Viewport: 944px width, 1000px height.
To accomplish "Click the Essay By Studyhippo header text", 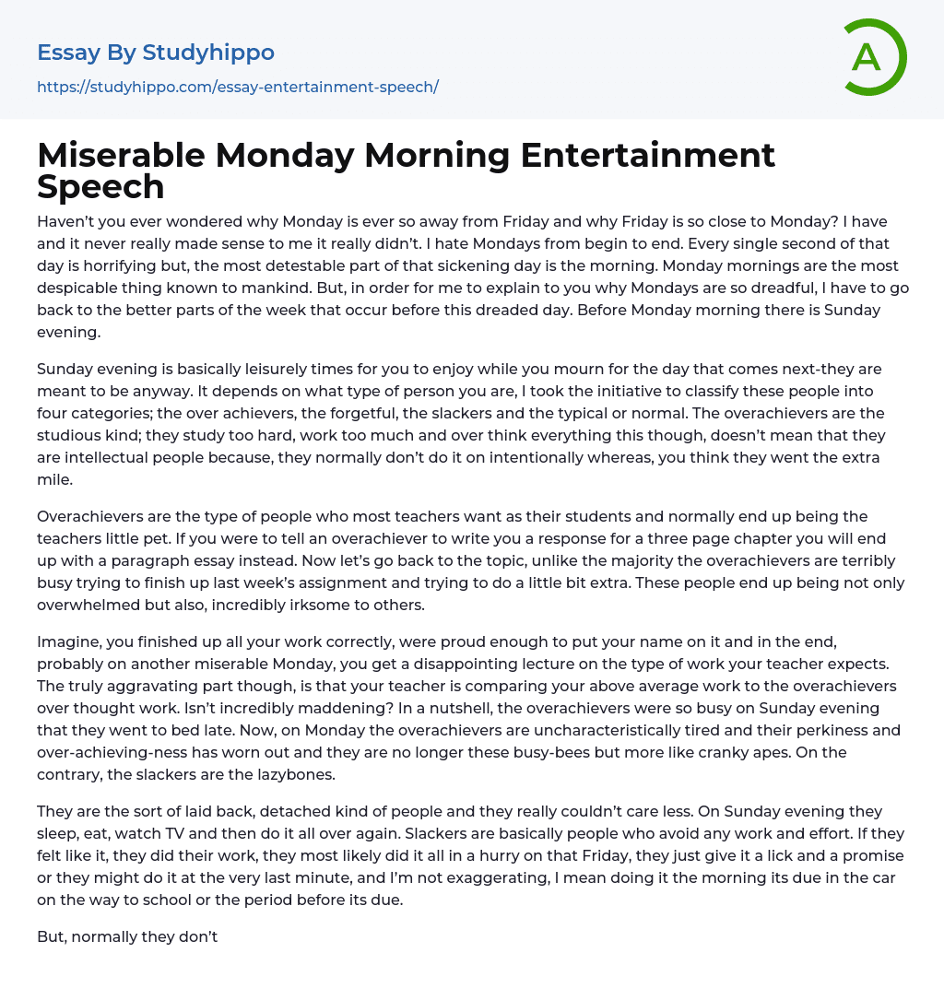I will (x=155, y=53).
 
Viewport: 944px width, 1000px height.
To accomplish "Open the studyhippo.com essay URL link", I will (x=237, y=87).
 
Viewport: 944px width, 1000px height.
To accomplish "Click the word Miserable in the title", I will (x=120, y=155).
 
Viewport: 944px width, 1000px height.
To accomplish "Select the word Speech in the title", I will (x=100, y=186).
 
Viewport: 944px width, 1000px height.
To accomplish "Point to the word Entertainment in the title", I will (x=647, y=155).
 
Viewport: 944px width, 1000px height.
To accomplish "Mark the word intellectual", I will (x=115, y=457).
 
